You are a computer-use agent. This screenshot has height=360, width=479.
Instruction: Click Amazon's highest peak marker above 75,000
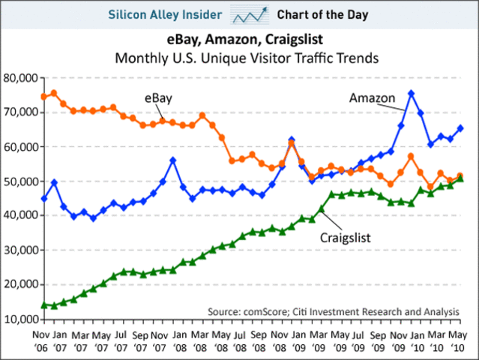(411, 94)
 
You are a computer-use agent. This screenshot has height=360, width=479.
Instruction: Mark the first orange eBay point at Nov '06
(44, 97)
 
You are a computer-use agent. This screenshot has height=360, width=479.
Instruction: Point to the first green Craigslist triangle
(44, 304)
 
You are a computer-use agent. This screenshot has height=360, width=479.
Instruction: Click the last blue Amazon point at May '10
(460, 128)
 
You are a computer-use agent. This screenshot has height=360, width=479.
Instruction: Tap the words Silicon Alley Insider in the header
(166, 14)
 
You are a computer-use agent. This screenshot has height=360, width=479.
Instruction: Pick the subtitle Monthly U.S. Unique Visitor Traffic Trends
(240, 58)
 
